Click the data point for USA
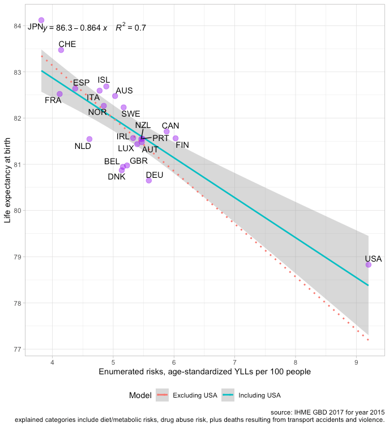369,264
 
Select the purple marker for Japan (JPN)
41,20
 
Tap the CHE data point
61,50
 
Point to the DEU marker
149,180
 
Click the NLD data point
89,139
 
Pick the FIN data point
176,138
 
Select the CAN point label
170,126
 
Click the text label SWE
131,114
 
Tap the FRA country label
53,101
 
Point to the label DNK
117,177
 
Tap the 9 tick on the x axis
356,361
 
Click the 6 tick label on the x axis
174,361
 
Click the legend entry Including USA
259,395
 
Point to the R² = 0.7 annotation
131,27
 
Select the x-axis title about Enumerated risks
204,372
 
